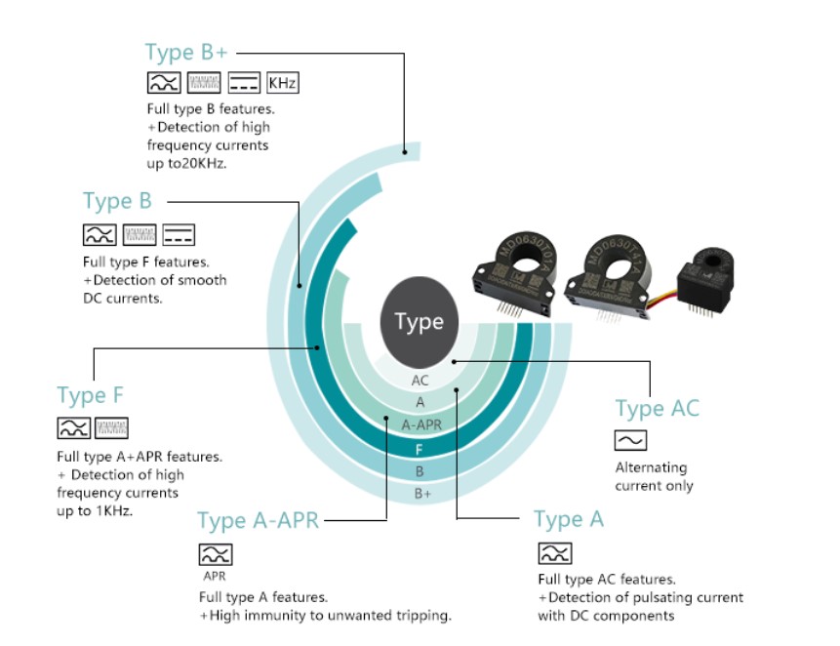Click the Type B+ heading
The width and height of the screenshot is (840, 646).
pyautogui.click(x=186, y=52)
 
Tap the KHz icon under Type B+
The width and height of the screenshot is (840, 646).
pyautogui.click(x=282, y=82)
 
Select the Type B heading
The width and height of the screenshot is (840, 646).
pyautogui.click(x=117, y=201)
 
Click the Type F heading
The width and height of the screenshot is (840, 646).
pyautogui.click(x=91, y=395)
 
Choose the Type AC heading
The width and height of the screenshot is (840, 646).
pyautogui.click(x=657, y=408)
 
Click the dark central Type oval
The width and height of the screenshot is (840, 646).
pyautogui.click(x=419, y=322)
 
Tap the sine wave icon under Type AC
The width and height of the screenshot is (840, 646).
pyautogui.click(x=631, y=440)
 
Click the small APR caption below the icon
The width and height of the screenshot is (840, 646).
pyautogui.click(x=215, y=576)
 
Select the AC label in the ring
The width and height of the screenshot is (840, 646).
pyautogui.click(x=420, y=381)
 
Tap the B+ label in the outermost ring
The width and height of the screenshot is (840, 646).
pyautogui.click(x=421, y=494)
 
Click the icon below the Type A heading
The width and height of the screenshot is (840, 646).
pyautogui.click(x=555, y=553)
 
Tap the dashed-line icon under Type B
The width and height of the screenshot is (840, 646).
pyautogui.click(x=179, y=234)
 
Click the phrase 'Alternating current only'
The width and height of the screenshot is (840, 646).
pyautogui.click(x=655, y=476)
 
